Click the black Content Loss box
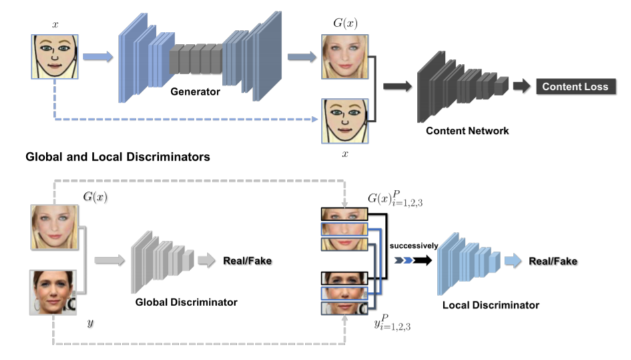coord(574,87)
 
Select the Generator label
coord(195,92)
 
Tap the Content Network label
coord(467,131)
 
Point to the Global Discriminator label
coord(186,302)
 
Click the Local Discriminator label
coord(490,305)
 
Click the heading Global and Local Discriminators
coord(117,157)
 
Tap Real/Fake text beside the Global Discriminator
coord(247,261)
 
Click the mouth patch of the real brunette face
coord(341,308)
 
